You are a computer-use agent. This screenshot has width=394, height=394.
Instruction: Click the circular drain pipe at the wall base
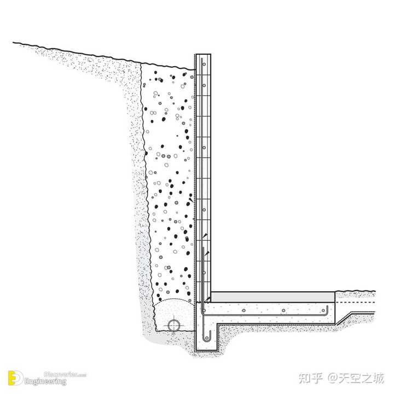tap(175, 325)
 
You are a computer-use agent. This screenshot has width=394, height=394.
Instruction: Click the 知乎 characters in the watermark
tap(312, 378)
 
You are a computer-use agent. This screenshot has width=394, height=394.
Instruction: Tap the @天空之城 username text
tap(356, 378)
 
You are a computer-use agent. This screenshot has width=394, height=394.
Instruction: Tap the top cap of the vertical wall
tap(203, 55)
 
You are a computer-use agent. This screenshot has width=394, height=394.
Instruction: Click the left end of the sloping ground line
tap(14, 43)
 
